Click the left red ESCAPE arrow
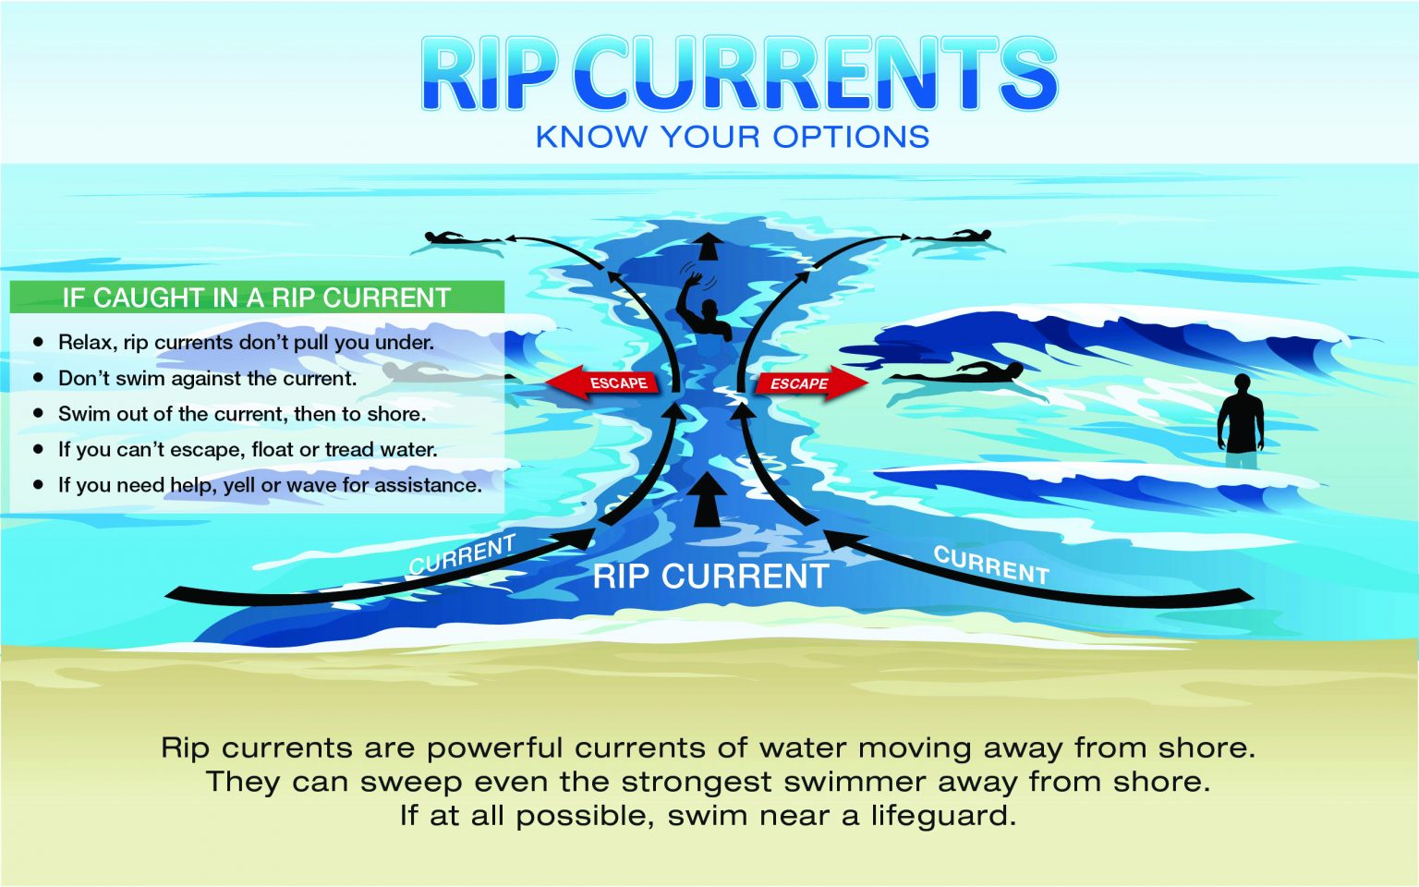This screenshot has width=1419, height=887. click(x=601, y=382)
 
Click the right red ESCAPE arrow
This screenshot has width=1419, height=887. click(x=812, y=383)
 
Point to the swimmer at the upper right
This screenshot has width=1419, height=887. click(x=952, y=237)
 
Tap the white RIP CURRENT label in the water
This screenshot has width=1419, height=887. click(x=710, y=577)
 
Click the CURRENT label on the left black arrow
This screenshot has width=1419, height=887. click(x=462, y=554)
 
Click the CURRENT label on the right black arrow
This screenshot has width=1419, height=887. click(x=991, y=565)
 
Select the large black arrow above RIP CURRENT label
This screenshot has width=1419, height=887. click(x=709, y=499)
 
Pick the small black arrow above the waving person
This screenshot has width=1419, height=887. click(x=709, y=247)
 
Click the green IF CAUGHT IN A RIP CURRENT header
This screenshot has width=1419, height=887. click(x=257, y=298)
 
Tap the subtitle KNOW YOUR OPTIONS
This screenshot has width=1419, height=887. click(x=733, y=137)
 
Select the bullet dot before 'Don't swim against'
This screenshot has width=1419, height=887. click(x=39, y=378)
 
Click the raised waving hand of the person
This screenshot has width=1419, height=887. click(x=695, y=279)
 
